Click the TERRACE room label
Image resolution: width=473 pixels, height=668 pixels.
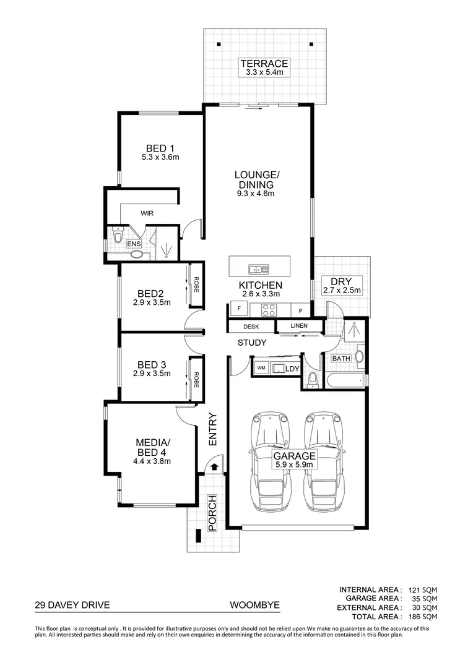264,63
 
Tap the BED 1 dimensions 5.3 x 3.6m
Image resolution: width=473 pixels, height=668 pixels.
160,157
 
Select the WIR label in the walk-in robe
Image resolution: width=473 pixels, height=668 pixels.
147,213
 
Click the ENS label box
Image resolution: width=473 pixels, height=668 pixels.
134,244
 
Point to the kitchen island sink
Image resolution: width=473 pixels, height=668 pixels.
258,269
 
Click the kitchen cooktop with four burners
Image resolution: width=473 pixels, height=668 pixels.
269,310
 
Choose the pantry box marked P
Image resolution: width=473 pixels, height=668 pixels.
300,310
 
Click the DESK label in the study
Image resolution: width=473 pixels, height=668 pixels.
251,327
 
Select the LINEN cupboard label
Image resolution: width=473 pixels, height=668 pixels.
299,326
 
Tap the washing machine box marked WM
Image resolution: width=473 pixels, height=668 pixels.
261,369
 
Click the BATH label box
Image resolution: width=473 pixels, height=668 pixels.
341,359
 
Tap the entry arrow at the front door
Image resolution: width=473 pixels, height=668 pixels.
214,466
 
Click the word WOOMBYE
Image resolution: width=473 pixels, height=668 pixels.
253,607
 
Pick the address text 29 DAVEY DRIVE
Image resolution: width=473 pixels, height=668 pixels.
72,607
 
